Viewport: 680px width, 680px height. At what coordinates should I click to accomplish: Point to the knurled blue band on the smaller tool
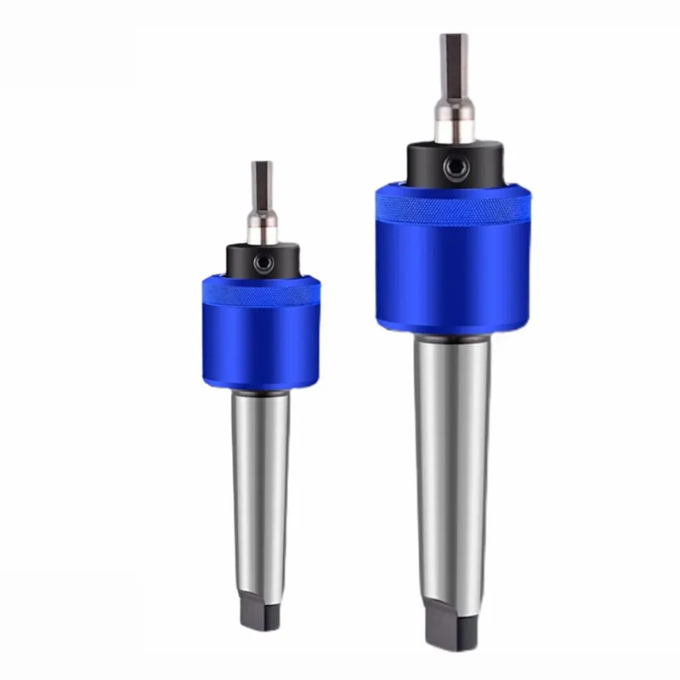(x=259, y=288)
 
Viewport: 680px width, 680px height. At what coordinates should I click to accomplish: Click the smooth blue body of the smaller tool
(x=259, y=344)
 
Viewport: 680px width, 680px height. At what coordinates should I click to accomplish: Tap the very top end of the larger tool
(x=450, y=36)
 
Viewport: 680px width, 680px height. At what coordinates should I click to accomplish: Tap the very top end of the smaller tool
(x=260, y=163)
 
